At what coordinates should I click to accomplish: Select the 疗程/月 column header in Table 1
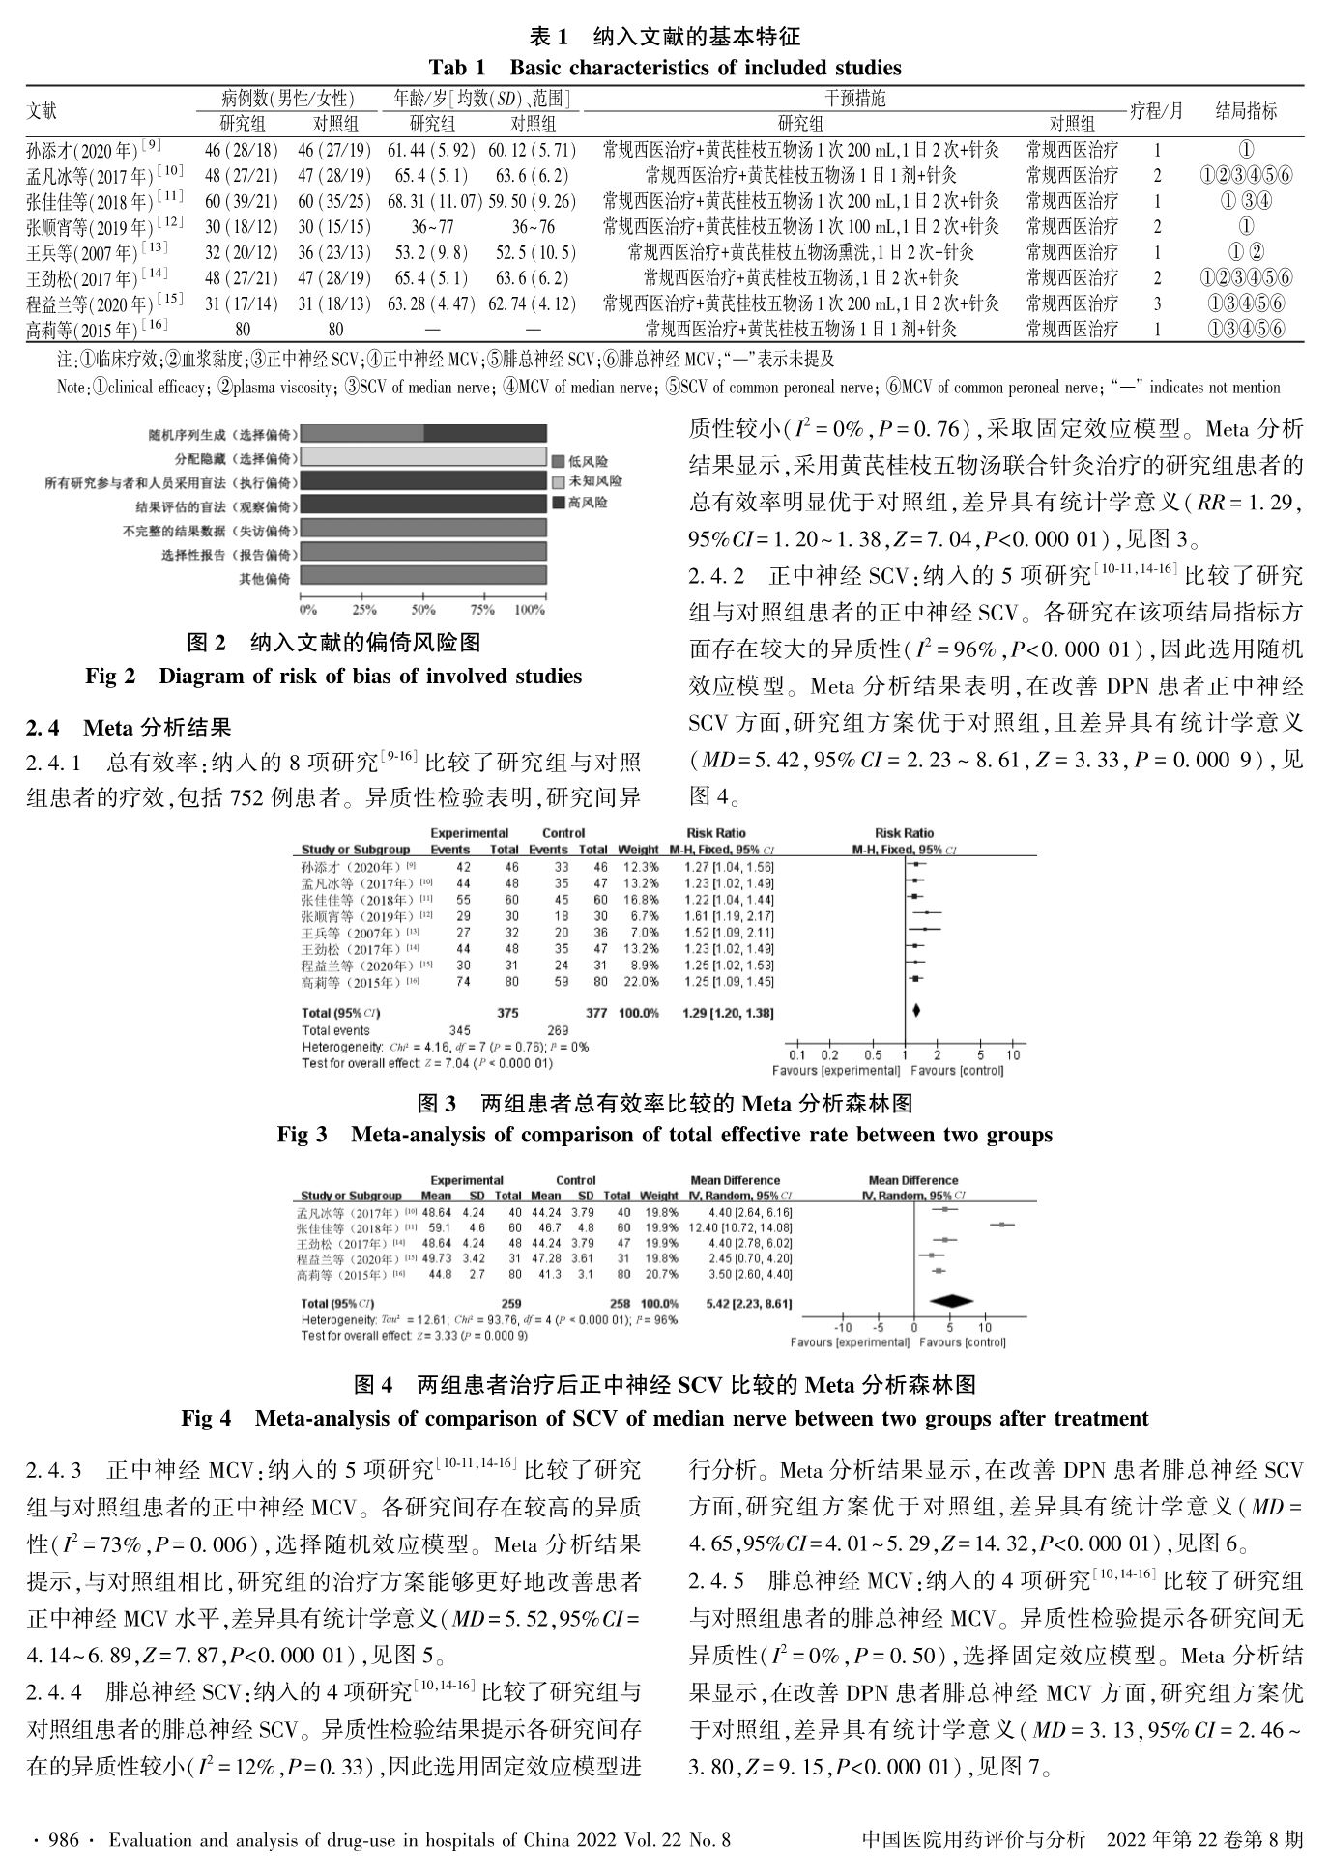click(1156, 110)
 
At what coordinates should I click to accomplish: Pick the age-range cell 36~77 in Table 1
click(432, 227)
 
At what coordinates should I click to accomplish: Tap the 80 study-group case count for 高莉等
click(241, 330)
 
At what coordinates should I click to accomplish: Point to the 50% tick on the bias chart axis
click(423, 610)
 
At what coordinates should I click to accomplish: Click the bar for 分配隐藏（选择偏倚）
click(422, 457)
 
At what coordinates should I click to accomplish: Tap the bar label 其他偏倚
click(264, 579)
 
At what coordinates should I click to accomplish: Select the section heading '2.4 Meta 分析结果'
click(129, 727)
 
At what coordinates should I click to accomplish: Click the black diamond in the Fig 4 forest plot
click(948, 1303)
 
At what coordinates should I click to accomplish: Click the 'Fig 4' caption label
click(206, 1419)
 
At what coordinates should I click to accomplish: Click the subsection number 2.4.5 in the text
click(715, 1581)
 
